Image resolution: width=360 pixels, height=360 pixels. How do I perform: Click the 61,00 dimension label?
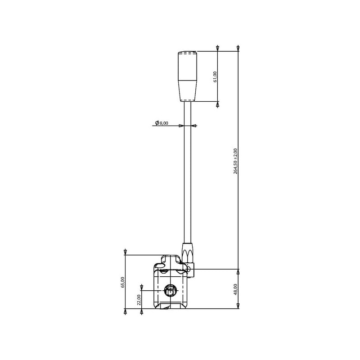[x=215, y=77]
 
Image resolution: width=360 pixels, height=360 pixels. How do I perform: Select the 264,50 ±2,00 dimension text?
[x=236, y=161]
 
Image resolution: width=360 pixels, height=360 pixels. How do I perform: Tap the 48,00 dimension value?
[x=236, y=289]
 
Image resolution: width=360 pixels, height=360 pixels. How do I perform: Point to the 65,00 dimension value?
[x=122, y=282]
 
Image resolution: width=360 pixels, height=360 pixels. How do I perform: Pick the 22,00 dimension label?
[x=139, y=300]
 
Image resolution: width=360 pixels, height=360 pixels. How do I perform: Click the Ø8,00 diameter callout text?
[x=162, y=123]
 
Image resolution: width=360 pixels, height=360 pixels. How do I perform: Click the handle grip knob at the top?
[x=187, y=76]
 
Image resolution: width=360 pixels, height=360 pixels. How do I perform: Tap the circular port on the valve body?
[x=170, y=291]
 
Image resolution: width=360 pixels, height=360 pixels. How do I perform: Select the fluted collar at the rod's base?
[x=188, y=253]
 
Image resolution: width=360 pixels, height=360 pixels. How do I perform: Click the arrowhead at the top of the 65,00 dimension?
[x=125, y=252]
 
